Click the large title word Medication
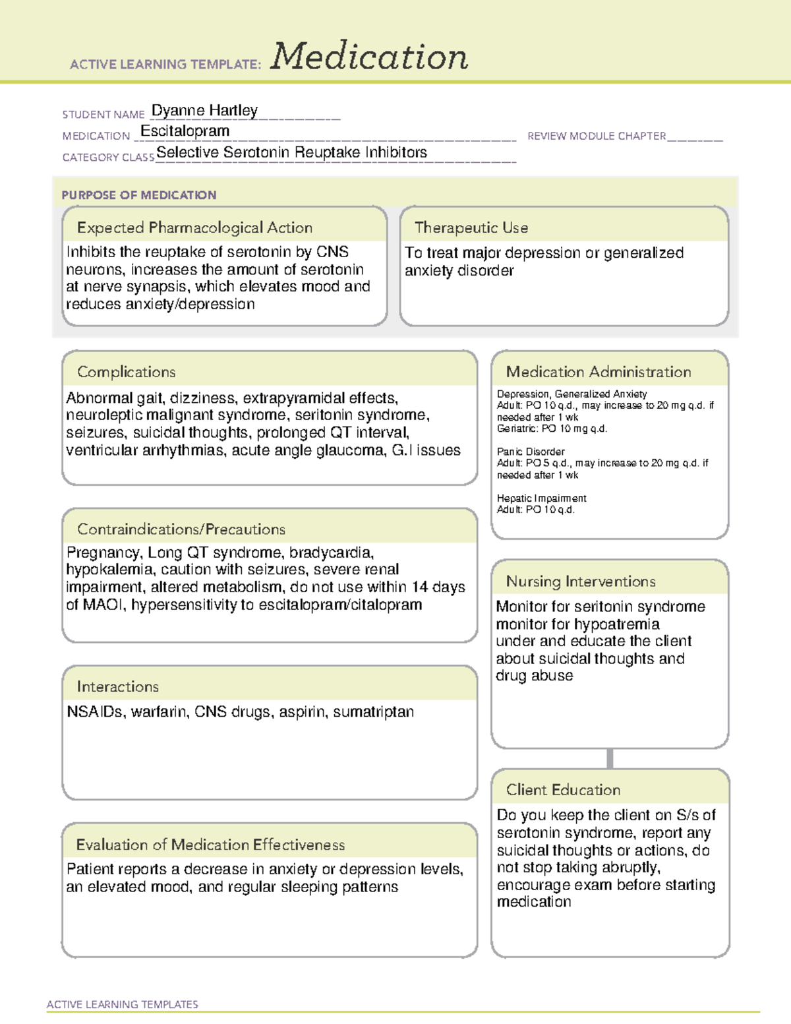coord(369,57)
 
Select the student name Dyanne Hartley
coord(204,110)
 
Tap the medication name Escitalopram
coord(185,131)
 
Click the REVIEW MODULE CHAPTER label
coord(597,136)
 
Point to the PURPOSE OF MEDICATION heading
coord(139,195)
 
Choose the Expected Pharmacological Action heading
coord(194,227)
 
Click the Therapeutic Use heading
coord(471,227)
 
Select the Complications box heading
coord(127,372)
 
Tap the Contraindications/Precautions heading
coord(181,529)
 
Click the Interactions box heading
coord(118,687)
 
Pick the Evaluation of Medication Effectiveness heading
coord(210,845)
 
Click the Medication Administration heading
coord(599,372)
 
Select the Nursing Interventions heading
coord(581,582)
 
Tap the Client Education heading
coord(563,790)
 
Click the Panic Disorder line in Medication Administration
coord(531,452)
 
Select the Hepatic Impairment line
coord(541,498)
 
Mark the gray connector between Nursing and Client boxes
coord(610,758)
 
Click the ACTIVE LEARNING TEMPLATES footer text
coord(123,1004)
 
